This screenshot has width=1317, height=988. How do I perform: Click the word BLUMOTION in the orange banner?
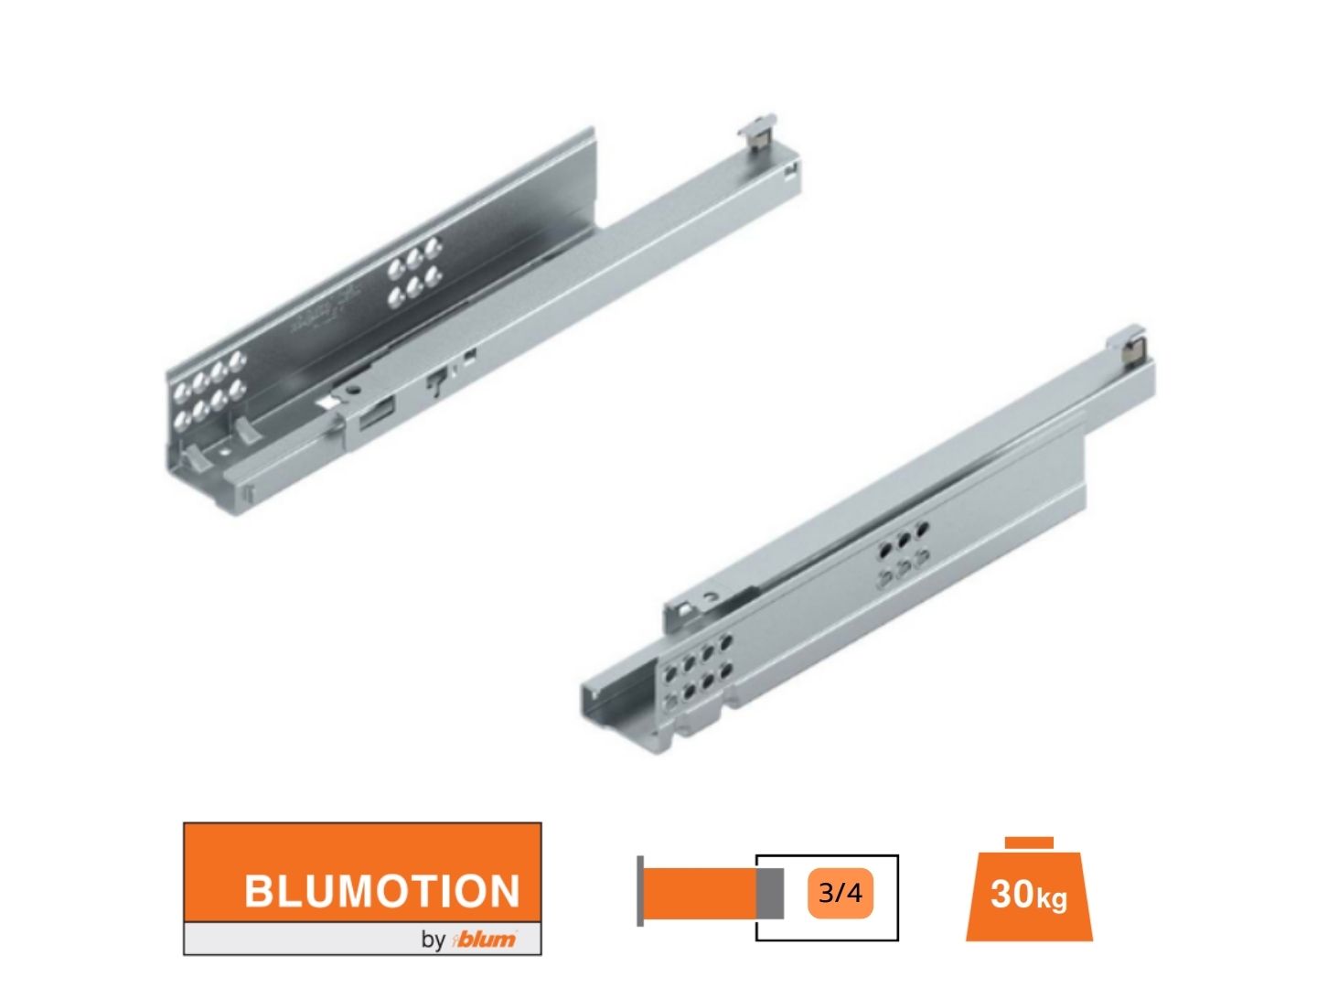(381, 891)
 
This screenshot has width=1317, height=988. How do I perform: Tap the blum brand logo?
(486, 939)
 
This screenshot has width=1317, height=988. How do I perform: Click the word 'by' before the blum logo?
(433, 940)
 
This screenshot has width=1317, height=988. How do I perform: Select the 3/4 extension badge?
(840, 893)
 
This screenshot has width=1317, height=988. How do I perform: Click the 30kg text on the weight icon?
(1028, 895)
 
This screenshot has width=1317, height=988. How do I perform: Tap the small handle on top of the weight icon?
(1029, 843)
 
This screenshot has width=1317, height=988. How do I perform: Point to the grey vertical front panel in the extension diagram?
(640, 891)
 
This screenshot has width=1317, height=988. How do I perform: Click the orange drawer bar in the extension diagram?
(700, 893)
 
